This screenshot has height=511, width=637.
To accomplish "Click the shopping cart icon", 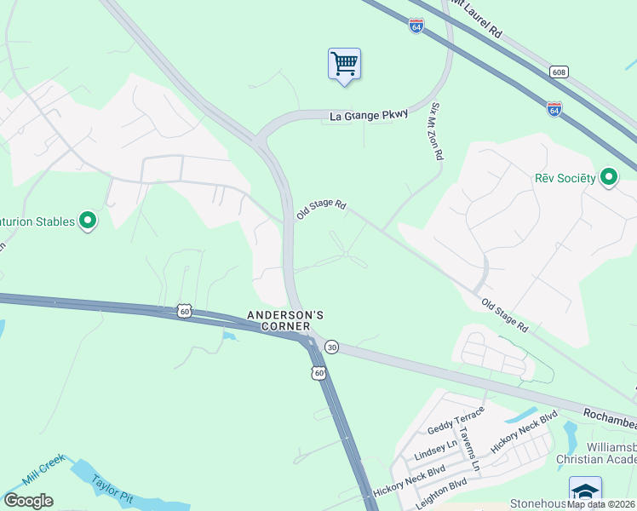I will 344,64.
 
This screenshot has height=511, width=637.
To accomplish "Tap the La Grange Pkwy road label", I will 370,115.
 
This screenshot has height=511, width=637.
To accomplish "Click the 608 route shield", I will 558,72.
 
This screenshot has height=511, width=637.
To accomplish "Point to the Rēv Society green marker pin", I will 609,177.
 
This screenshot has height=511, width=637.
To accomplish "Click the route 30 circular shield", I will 332,347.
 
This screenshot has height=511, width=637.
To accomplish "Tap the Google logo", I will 28,501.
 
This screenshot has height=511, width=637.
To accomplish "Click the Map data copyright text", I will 601,504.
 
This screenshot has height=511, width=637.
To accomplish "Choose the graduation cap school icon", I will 585,491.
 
